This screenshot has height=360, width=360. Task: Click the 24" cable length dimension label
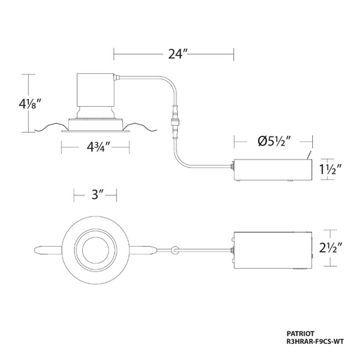click(x=178, y=54)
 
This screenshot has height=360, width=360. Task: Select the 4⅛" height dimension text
click(x=30, y=104)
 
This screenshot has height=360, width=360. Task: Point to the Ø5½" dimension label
click(x=275, y=141)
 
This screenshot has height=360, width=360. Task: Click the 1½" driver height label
click(x=330, y=169)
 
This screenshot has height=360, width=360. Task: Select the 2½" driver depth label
click(x=331, y=247)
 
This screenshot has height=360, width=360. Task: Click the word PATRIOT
click(x=300, y=333)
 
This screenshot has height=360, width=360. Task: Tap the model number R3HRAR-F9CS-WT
click(x=315, y=342)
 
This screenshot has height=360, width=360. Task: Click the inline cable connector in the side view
click(x=175, y=122)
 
